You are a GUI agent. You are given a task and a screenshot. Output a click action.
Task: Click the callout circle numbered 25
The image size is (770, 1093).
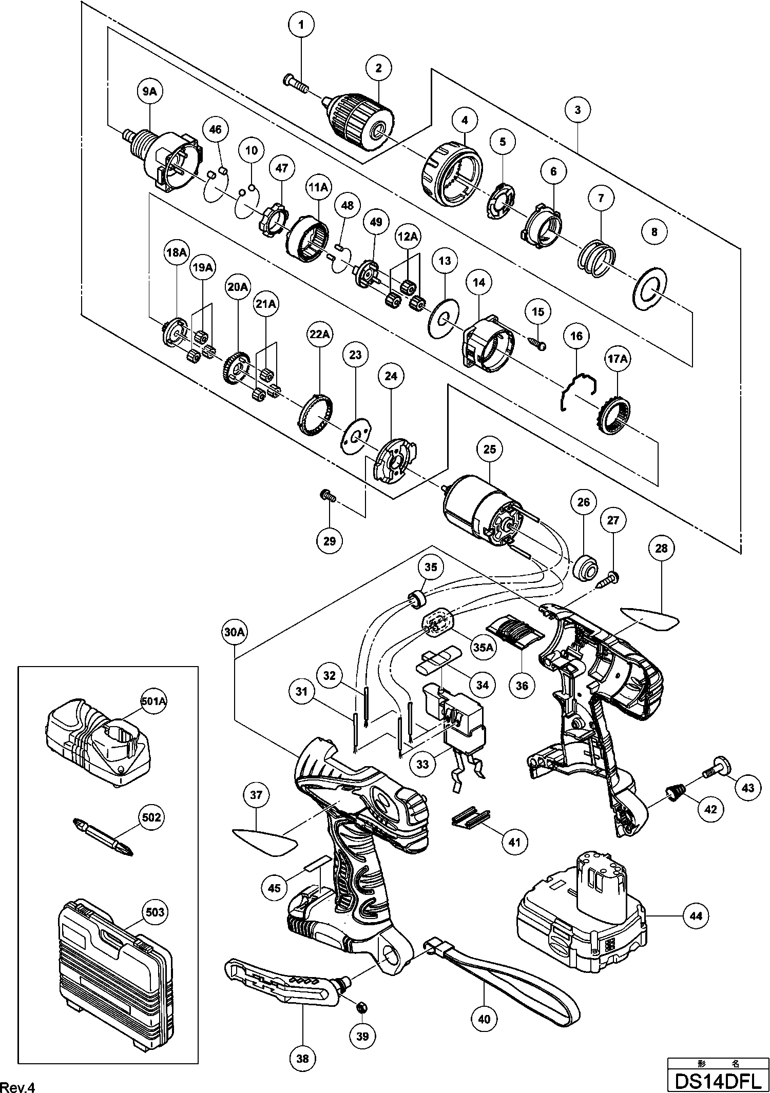point(490,449)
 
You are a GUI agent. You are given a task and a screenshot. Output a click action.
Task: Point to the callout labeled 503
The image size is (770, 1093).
point(155,912)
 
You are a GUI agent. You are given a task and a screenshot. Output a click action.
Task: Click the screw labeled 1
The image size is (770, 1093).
point(295,83)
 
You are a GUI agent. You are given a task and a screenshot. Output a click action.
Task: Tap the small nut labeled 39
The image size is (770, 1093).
point(361,1007)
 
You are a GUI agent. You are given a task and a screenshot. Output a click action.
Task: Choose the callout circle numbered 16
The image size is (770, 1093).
point(576,336)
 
